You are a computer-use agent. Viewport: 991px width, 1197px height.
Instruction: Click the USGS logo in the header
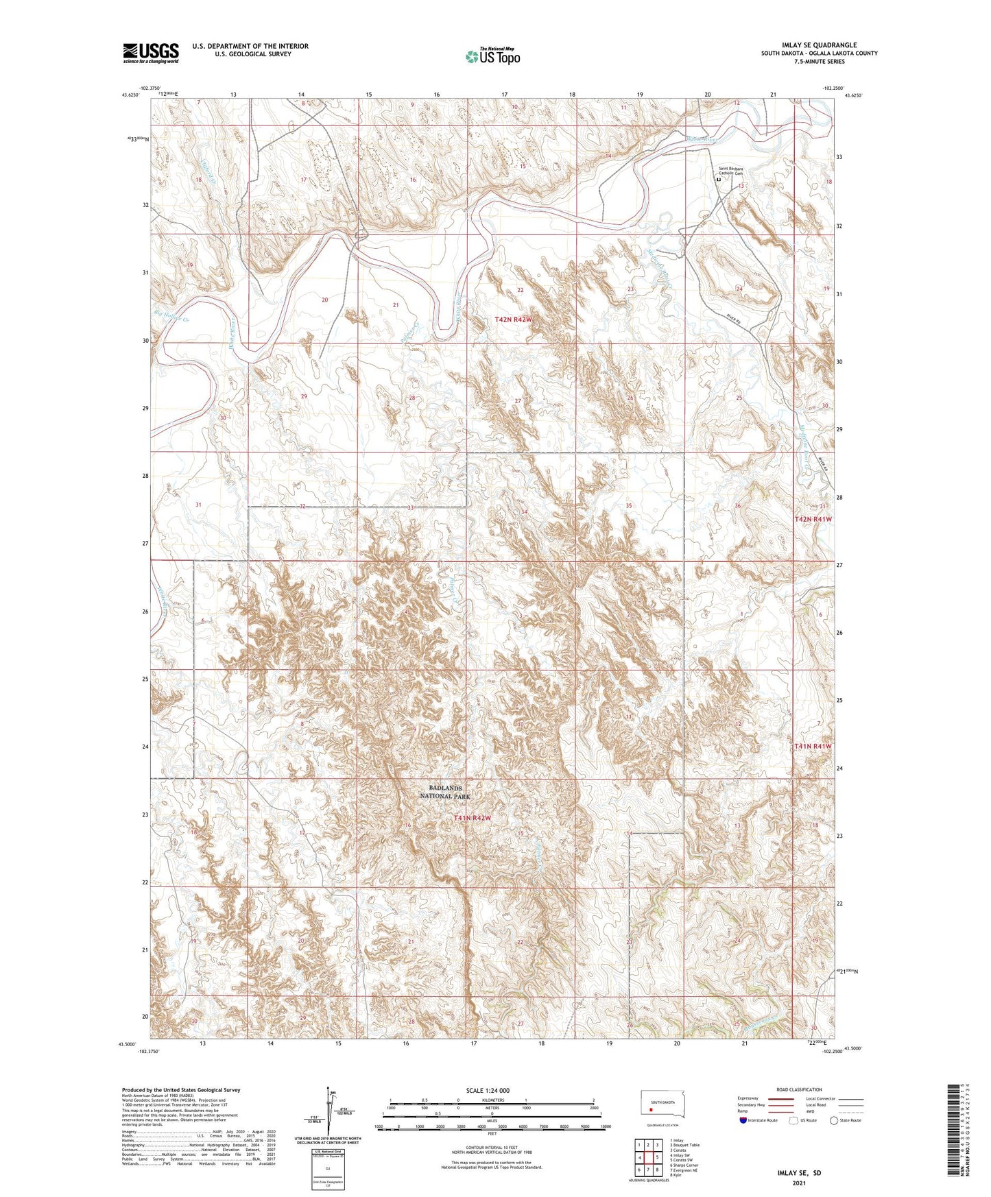pos(151,53)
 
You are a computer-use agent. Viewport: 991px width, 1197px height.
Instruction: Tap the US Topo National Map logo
pos(492,56)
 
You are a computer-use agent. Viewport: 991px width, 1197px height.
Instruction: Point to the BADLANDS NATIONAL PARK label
pos(445,793)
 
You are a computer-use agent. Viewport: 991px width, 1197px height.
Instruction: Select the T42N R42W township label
pos(514,320)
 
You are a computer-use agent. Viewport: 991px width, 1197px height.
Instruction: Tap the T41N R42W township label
pos(472,818)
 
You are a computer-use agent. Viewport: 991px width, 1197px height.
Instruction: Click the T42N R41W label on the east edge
pos(813,519)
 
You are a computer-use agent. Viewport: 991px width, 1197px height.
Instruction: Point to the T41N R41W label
pos(813,746)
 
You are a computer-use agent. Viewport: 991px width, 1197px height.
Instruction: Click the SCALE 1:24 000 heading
pos(488,1090)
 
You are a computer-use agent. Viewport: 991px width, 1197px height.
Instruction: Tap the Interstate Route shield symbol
pos(744,1120)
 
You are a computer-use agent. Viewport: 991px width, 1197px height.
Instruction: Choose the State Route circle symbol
pos(834,1120)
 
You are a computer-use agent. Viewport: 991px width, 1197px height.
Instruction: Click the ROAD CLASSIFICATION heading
pos(799,1089)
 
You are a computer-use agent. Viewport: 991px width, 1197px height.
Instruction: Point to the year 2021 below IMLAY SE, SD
pos(799,1183)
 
